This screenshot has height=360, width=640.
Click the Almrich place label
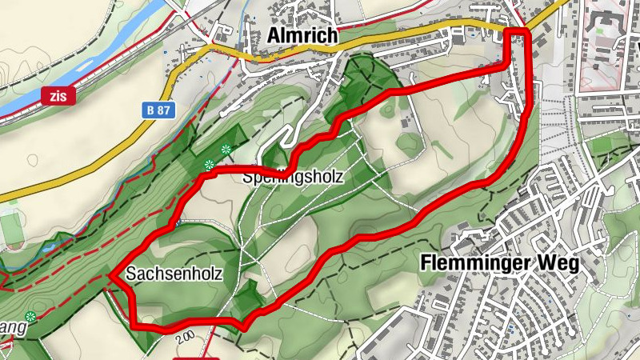pyautogui.click(x=302, y=36)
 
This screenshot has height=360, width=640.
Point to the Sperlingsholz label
pyautogui.click(x=292, y=178)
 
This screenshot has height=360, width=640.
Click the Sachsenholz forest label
pyautogui.click(x=173, y=274)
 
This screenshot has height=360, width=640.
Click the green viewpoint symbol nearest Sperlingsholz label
pyautogui.click(x=226, y=149)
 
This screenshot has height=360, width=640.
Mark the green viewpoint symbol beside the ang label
pyautogui.click(x=30, y=317)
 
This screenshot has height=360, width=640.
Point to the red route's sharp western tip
pyautogui.click(x=110, y=276)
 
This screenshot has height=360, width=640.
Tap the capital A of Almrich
pyautogui.click(x=274, y=36)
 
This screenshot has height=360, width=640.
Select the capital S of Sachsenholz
pyautogui.click(x=130, y=274)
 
